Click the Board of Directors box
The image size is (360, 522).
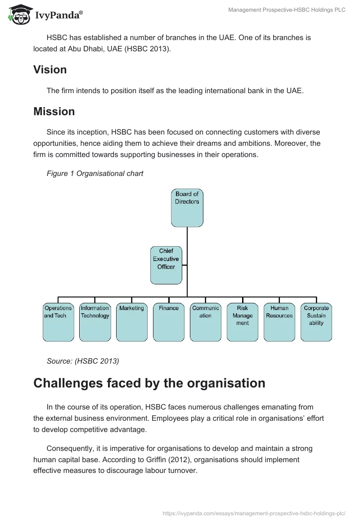[187, 207]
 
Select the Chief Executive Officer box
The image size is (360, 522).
[166, 265]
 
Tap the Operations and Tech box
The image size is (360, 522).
[58, 322]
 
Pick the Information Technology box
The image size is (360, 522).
[95, 322]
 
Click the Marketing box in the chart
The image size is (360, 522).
[131, 322]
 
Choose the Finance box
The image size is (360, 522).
[169, 322]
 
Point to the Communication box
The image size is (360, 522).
[205, 322]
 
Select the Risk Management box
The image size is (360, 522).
[243, 322]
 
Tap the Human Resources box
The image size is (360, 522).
[279, 322]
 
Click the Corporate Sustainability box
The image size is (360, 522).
[316, 322]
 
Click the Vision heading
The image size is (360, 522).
[50, 70]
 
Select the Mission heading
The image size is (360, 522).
[54, 111]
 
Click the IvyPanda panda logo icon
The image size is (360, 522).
[17, 16]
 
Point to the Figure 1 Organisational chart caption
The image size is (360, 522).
[95, 173]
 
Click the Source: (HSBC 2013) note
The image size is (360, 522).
[83, 360]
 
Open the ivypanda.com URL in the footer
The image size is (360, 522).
[253, 512]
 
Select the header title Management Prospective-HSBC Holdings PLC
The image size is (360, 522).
[287, 10]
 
